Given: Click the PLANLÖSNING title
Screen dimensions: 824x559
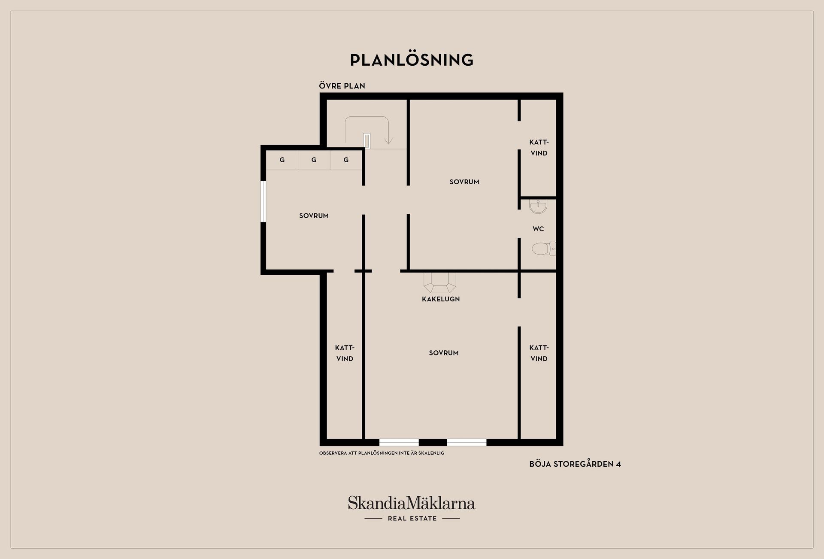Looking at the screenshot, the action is pos(412,60).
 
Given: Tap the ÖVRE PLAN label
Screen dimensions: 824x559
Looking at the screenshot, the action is pos(342,86).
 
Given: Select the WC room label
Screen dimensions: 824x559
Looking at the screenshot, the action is pos(538,229).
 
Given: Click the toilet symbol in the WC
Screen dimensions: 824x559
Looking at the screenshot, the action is pos(544,249).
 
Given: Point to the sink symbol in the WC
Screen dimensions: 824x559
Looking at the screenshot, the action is pos(538,207).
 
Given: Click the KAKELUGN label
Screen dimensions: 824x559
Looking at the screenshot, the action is pos(441,299).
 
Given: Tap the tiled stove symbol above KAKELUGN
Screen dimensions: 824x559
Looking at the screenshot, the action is pos(439,282).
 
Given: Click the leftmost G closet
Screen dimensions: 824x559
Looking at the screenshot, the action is pos(282,160).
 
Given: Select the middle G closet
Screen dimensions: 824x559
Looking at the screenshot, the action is pos(314,160).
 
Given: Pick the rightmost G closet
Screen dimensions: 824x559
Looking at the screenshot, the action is pos(346,160).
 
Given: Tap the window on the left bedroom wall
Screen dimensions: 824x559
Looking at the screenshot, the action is pos(264,201).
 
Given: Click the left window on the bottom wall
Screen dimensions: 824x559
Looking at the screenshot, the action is pos(399,442).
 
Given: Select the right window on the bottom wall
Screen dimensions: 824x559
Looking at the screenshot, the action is pos(467,442).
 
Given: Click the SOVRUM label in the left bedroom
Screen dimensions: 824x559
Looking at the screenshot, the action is pos(314,216).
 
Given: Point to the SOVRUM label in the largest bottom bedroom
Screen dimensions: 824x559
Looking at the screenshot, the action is pos(444,353).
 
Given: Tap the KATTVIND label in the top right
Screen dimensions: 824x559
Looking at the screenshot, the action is pos(539,148).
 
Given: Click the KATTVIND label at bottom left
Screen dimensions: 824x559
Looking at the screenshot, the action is pos(345,353).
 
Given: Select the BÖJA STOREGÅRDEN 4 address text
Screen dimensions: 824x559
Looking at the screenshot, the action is pos(575,464).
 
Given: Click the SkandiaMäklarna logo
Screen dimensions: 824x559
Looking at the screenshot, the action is pos(412,508).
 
